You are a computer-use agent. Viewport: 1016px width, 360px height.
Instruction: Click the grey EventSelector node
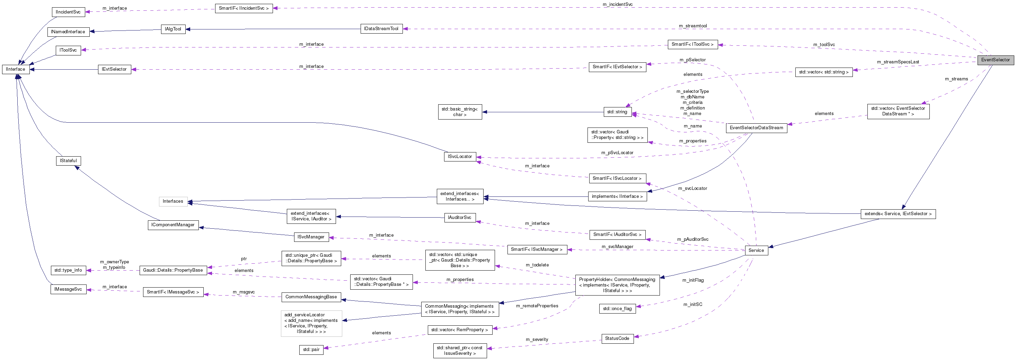coord(995,60)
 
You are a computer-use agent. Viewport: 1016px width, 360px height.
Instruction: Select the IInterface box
coord(15,69)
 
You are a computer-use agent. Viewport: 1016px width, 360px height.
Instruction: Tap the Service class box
coord(756,251)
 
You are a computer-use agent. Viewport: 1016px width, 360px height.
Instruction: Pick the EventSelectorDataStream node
coord(756,128)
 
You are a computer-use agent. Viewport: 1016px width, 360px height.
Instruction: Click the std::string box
coord(617,112)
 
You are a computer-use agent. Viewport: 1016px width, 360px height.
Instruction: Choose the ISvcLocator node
coord(459,157)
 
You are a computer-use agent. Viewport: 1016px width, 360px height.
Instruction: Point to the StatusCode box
coord(617,338)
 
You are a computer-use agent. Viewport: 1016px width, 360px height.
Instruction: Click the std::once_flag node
coord(617,309)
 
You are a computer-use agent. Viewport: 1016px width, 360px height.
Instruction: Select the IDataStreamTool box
coord(381,29)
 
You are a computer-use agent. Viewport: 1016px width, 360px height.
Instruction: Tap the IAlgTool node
coord(173,29)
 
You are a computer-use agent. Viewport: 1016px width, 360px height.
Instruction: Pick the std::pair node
coord(311,350)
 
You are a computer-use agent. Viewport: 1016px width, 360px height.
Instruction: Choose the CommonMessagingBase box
coord(311,297)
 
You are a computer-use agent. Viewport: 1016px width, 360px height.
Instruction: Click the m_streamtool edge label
coord(692,26)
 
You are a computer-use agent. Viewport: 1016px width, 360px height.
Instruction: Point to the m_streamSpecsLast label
coord(898,62)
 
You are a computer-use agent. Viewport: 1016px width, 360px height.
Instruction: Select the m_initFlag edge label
coord(693,280)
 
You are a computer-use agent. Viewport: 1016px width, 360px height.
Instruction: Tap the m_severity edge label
coord(537,340)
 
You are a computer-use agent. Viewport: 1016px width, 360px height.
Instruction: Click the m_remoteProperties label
coord(537,306)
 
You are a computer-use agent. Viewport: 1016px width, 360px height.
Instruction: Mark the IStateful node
coord(68,161)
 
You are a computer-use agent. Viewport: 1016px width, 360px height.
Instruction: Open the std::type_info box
coord(68,271)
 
